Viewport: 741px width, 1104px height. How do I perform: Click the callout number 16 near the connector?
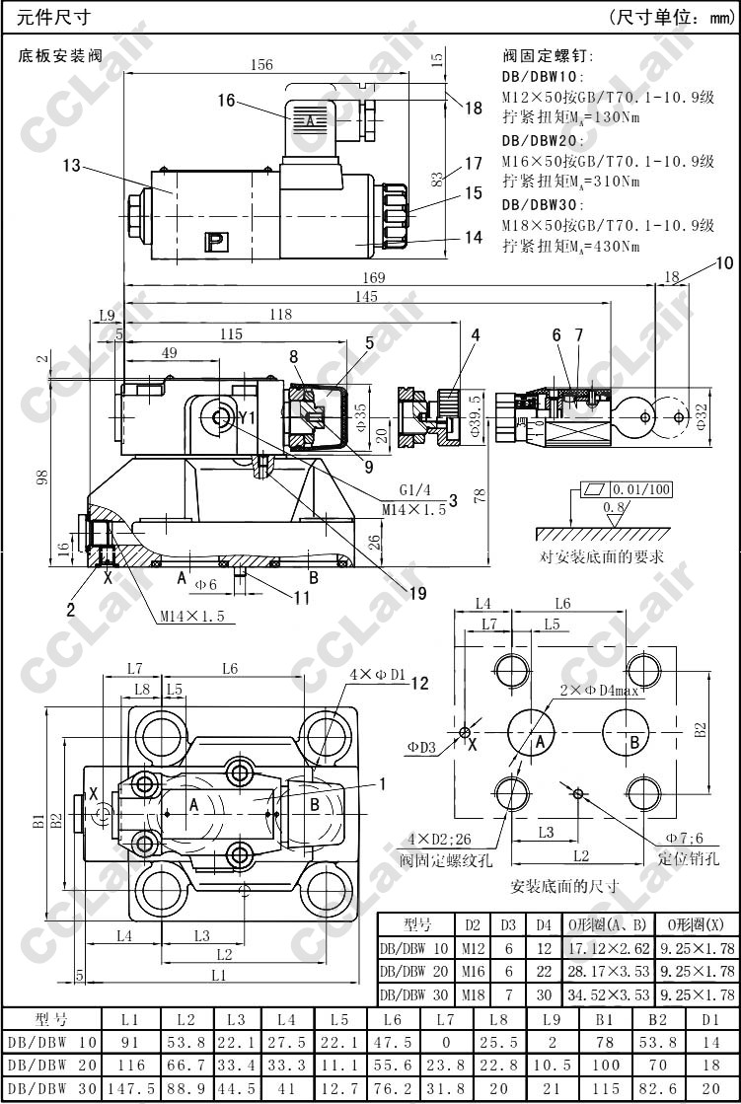click(227, 100)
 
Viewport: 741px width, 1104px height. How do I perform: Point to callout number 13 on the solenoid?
click(70, 166)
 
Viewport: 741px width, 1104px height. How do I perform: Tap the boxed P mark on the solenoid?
click(214, 240)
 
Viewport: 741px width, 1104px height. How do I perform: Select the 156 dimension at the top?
click(260, 65)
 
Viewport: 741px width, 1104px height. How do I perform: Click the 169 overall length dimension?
click(374, 277)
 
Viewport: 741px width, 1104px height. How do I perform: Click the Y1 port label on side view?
click(247, 418)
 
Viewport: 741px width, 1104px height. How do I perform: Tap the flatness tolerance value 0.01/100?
click(641, 489)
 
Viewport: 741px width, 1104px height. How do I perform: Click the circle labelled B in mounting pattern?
click(635, 740)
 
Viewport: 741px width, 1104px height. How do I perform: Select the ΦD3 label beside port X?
click(421, 747)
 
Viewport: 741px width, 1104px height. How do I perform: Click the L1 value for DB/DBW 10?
click(130, 1041)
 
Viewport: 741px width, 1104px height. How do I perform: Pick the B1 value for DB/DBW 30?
click(605, 1089)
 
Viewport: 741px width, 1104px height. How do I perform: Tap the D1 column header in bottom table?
click(710, 1017)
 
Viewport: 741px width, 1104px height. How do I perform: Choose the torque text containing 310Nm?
click(570, 181)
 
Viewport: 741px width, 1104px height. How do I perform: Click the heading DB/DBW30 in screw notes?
click(543, 204)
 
